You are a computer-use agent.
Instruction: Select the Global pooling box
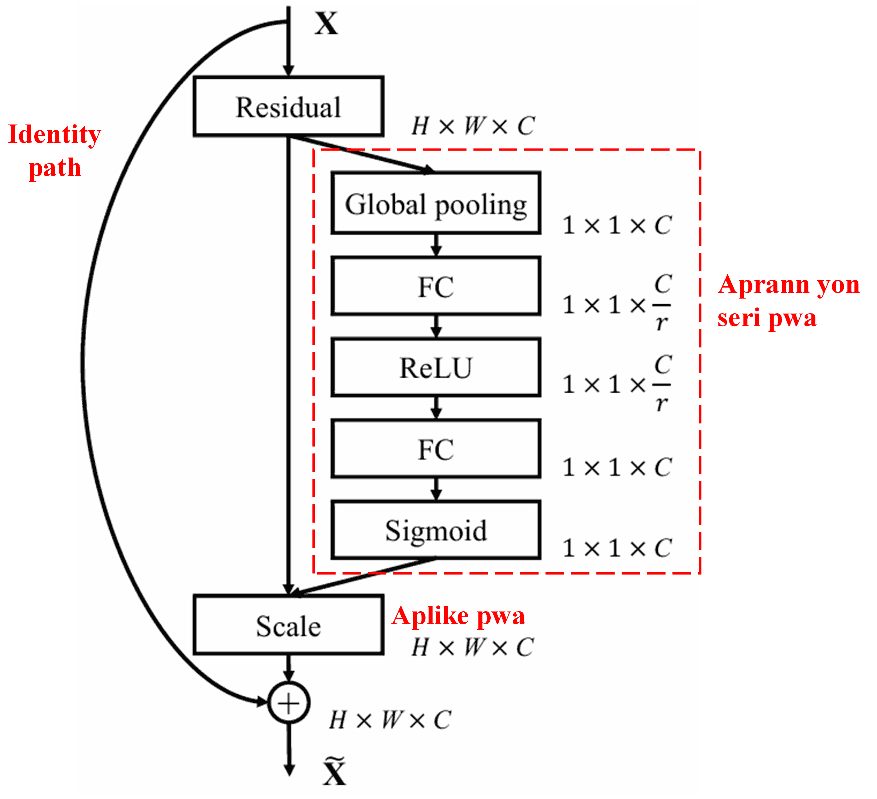pyautogui.click(x=436, y=203)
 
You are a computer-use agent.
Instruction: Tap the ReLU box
pyautogui.click(x=436, y=367)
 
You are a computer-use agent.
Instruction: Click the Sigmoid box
pyautogui.click(x=436, y=530)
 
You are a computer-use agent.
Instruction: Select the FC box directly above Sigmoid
pyautogui.click(x=436, y=449)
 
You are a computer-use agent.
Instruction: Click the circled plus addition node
pyautogui.click(x=288, y=703)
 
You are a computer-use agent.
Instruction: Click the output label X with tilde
pyautogui.click(x=334, y=771)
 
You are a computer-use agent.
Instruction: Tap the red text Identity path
pyautogui.click(x=54, y=151)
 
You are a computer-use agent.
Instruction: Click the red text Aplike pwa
pyautogui.click(x=458, y=615)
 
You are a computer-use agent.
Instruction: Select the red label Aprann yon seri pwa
pyautogui.click(x=788, y=301)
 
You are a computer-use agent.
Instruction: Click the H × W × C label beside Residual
pyautogui.click(x=473, y=126)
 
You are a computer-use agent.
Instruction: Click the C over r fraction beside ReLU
pyautogui.click(x=662, y=385)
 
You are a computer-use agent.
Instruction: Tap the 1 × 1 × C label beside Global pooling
pyautogui.click(x=617, y=225)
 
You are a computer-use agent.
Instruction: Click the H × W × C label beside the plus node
pyautogui.click(x=390, y=720)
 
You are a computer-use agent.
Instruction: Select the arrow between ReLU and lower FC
pyautogui.click(x=436, y=407)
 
